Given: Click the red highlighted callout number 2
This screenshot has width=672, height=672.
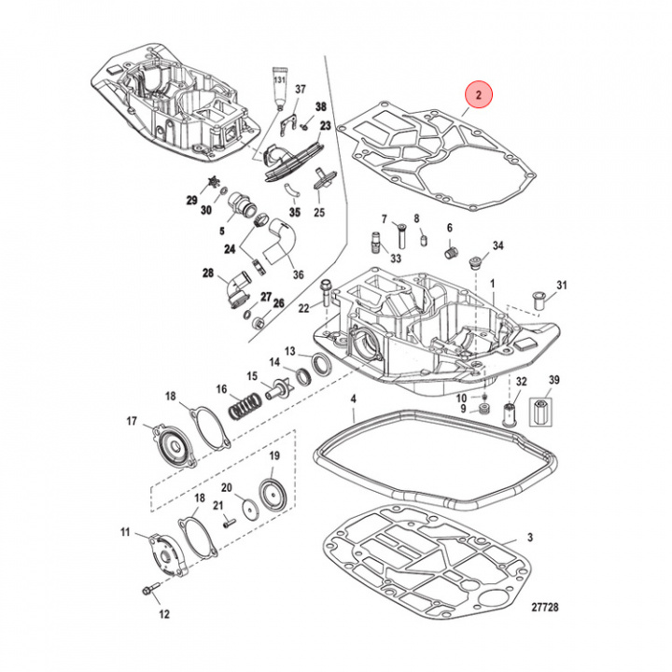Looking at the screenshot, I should pyautogui.click(x=478, y=95).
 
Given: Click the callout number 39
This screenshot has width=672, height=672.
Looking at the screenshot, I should pyautogui.click(x=553, y=380).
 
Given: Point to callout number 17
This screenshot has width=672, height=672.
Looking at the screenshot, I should pyautogui.click(x=132, y=422).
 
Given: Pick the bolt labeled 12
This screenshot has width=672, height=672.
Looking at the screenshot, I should pyautogui.click(x=149, y=592).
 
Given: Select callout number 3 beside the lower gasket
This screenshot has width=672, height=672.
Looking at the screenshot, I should pyautogui.click(x=529, y=539).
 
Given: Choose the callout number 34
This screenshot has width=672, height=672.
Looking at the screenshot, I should pyautogui.click(x=497, y=246).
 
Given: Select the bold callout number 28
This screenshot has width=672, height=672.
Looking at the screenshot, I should pyautogui.click(x=207, y=273).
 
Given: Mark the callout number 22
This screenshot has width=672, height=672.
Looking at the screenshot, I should pyautogui.click(x=303, y=308).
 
